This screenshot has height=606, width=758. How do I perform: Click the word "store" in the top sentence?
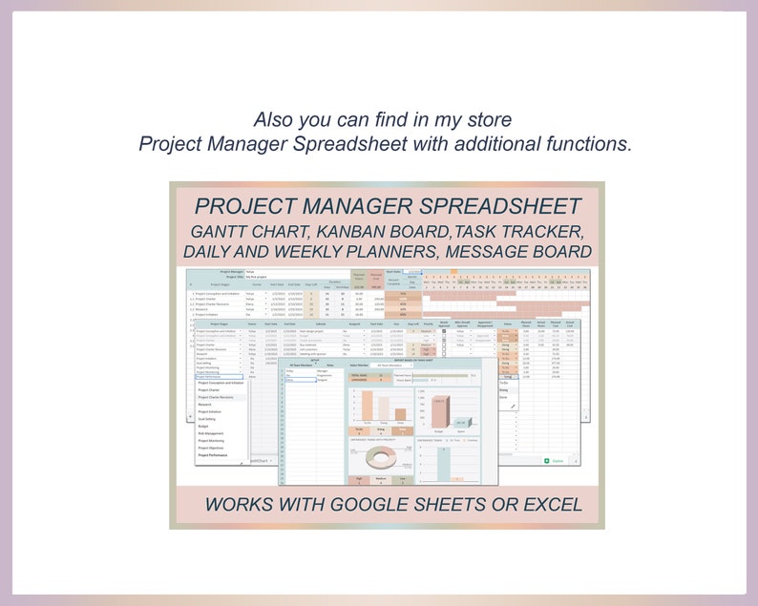pyautogui.click(x=490, y=121)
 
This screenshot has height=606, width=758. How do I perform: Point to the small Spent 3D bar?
pyautogui.click(x=462, y=422)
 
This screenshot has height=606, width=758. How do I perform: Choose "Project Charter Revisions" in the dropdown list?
pyautogui.click(x=220, y=397)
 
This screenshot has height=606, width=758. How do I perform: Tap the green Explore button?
pyautogui.click(x=555, y=461)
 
